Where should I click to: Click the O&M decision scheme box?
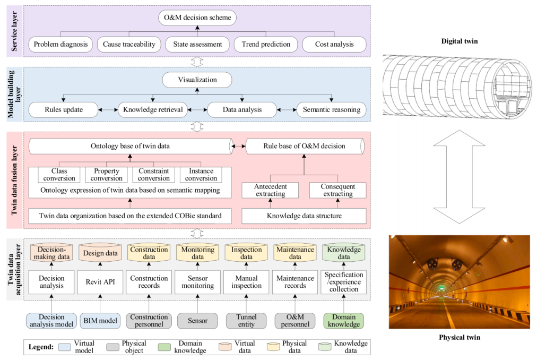(197, 19)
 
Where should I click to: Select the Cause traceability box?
(129, 44)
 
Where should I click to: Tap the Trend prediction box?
(266, 44)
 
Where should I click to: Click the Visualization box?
(197, 80)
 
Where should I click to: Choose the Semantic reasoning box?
(331, 110)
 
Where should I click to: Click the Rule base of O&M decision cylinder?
(305, 147)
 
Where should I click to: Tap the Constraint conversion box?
(154, 175)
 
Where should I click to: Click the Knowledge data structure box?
(304, 216)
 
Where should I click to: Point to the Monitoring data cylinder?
(198, 253)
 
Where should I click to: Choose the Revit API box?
(101, 282)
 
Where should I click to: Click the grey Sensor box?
(198, 321)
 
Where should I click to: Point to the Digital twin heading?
(460, 41)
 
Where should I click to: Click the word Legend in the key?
(40, 347)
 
